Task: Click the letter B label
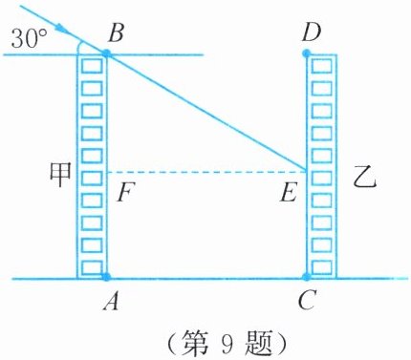tap(116, 32)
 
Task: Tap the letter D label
tap(312, 32)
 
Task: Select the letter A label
tap(111, 301)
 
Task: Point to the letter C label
tap(307, 301)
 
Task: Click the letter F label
tap(125, 193)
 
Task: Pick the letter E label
tap(289, 193)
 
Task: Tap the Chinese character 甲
tap(60, 175)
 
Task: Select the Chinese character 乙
tap(365, 180)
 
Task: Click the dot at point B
tap(106, 53)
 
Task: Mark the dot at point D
tap(306, 53)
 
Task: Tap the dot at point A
tap(106, 277)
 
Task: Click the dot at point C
tap(306, 277)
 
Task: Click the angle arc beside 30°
tap(78, 48)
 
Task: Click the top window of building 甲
tap(92, 67)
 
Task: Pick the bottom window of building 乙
tap(321, 267)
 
